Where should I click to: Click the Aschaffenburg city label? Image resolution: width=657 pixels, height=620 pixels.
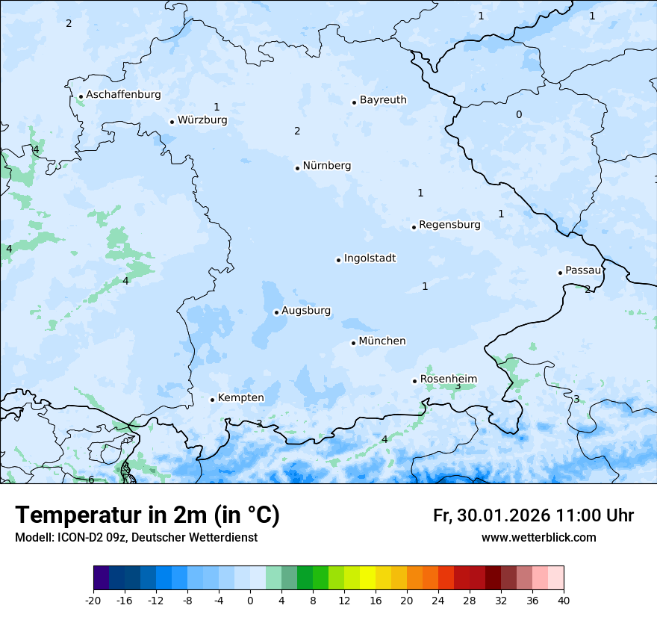[123, 95]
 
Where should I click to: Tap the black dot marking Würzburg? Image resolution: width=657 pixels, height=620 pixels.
[172, 122]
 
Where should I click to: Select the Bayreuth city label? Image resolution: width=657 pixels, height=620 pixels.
[383, 100]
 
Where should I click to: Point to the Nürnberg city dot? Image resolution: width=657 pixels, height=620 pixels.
[297, 168]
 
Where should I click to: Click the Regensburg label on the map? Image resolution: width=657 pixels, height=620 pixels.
[449, 225]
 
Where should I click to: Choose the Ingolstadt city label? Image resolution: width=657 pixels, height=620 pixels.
[370, 258]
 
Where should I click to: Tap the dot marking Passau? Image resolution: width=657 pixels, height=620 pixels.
[560, 273]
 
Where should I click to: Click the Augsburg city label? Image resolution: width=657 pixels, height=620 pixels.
[306, 311]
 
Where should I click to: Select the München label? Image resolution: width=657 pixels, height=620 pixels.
[382, 341]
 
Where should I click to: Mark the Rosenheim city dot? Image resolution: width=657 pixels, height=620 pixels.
[414, 381]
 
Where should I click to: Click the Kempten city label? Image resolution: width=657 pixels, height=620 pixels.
[240, 398]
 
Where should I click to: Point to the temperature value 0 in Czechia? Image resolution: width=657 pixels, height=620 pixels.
[519, 114]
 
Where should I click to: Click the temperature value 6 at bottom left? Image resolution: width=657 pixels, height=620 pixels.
[91, 480]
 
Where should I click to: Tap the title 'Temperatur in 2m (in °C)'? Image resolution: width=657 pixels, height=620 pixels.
[147, 515]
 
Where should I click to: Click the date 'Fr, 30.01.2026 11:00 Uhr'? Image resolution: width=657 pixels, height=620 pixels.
[533, 515]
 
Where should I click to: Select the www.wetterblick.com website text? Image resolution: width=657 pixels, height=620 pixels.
[538, 538]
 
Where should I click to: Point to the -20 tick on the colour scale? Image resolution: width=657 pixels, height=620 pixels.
[93, 600]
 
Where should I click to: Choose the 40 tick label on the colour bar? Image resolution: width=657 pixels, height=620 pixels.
[564, 600]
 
